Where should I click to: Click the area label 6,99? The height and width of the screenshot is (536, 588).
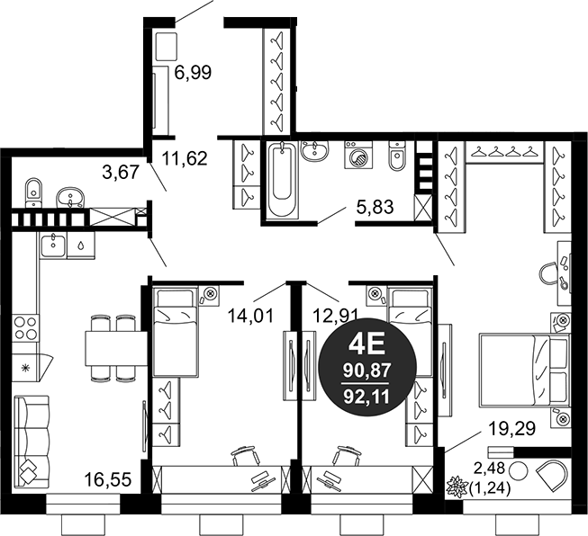(x=193, y=72)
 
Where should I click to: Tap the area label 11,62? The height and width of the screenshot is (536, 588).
(x=185, y=158)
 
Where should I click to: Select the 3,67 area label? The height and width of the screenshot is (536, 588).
(x=122, y=173)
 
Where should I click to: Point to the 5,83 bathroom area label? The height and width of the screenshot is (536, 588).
(x=375, y=207)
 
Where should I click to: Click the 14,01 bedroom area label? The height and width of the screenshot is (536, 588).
(x=251, y=316)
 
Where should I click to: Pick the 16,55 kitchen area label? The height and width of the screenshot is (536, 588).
(x=108, y=480)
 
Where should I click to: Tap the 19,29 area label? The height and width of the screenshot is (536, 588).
(x=511, y=428)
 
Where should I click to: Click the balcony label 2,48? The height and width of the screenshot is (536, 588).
(x=490, y=468)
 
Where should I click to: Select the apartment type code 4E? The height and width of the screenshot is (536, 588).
(x=366, y=345)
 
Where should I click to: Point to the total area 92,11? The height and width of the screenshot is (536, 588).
(x=367, y=397)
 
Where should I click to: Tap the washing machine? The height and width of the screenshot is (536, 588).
(x=358, y=155)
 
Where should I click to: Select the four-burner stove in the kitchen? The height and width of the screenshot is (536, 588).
(x=25, y=327)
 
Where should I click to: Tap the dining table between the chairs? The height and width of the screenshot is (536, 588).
(x=116, y=348)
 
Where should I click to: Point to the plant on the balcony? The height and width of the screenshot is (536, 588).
(x=457, y=487)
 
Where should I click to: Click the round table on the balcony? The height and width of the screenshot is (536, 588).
(x=519, y=470)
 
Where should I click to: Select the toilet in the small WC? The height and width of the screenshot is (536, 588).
(x=33, y=192)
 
